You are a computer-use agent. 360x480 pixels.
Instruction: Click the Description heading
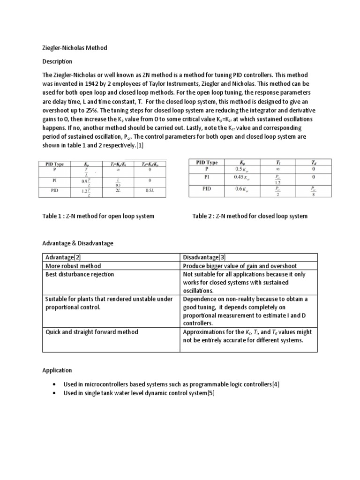click(x=57, y=62)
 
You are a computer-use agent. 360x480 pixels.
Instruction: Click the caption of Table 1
click(x=98, y=216)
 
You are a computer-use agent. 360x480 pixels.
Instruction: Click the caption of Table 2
click(x=250, y=216)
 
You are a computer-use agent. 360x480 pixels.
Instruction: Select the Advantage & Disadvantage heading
click(x=77, y=243)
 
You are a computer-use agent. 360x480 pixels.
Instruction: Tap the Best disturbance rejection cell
click(x=79, y=274)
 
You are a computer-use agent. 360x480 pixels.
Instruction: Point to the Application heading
click(x=57, y=370)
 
